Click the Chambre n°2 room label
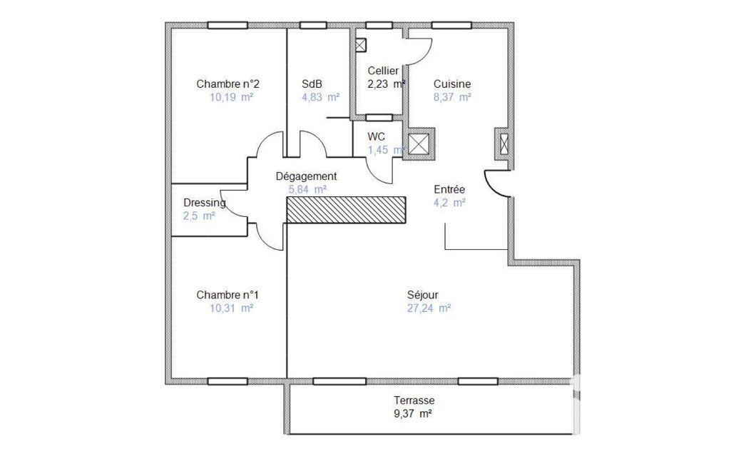pos(228,84)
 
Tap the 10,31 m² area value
pos(232,308)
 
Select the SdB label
pos(312,84)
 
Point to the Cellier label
pos(383,71)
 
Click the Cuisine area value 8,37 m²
pos(452,97)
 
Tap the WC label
pos(377,137)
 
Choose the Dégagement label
pos(306,176)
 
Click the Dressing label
pos(204,203)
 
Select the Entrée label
pos(449,189)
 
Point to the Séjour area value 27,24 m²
pos(429,308)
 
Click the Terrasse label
pos(414,400)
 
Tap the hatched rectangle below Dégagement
pos(346,210)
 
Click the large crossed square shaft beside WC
pos(419,144)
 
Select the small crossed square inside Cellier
pos(361,45)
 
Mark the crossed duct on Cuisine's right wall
pos(504,143)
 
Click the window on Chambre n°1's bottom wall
pos(228,381)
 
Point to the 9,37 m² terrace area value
pos(413,413)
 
